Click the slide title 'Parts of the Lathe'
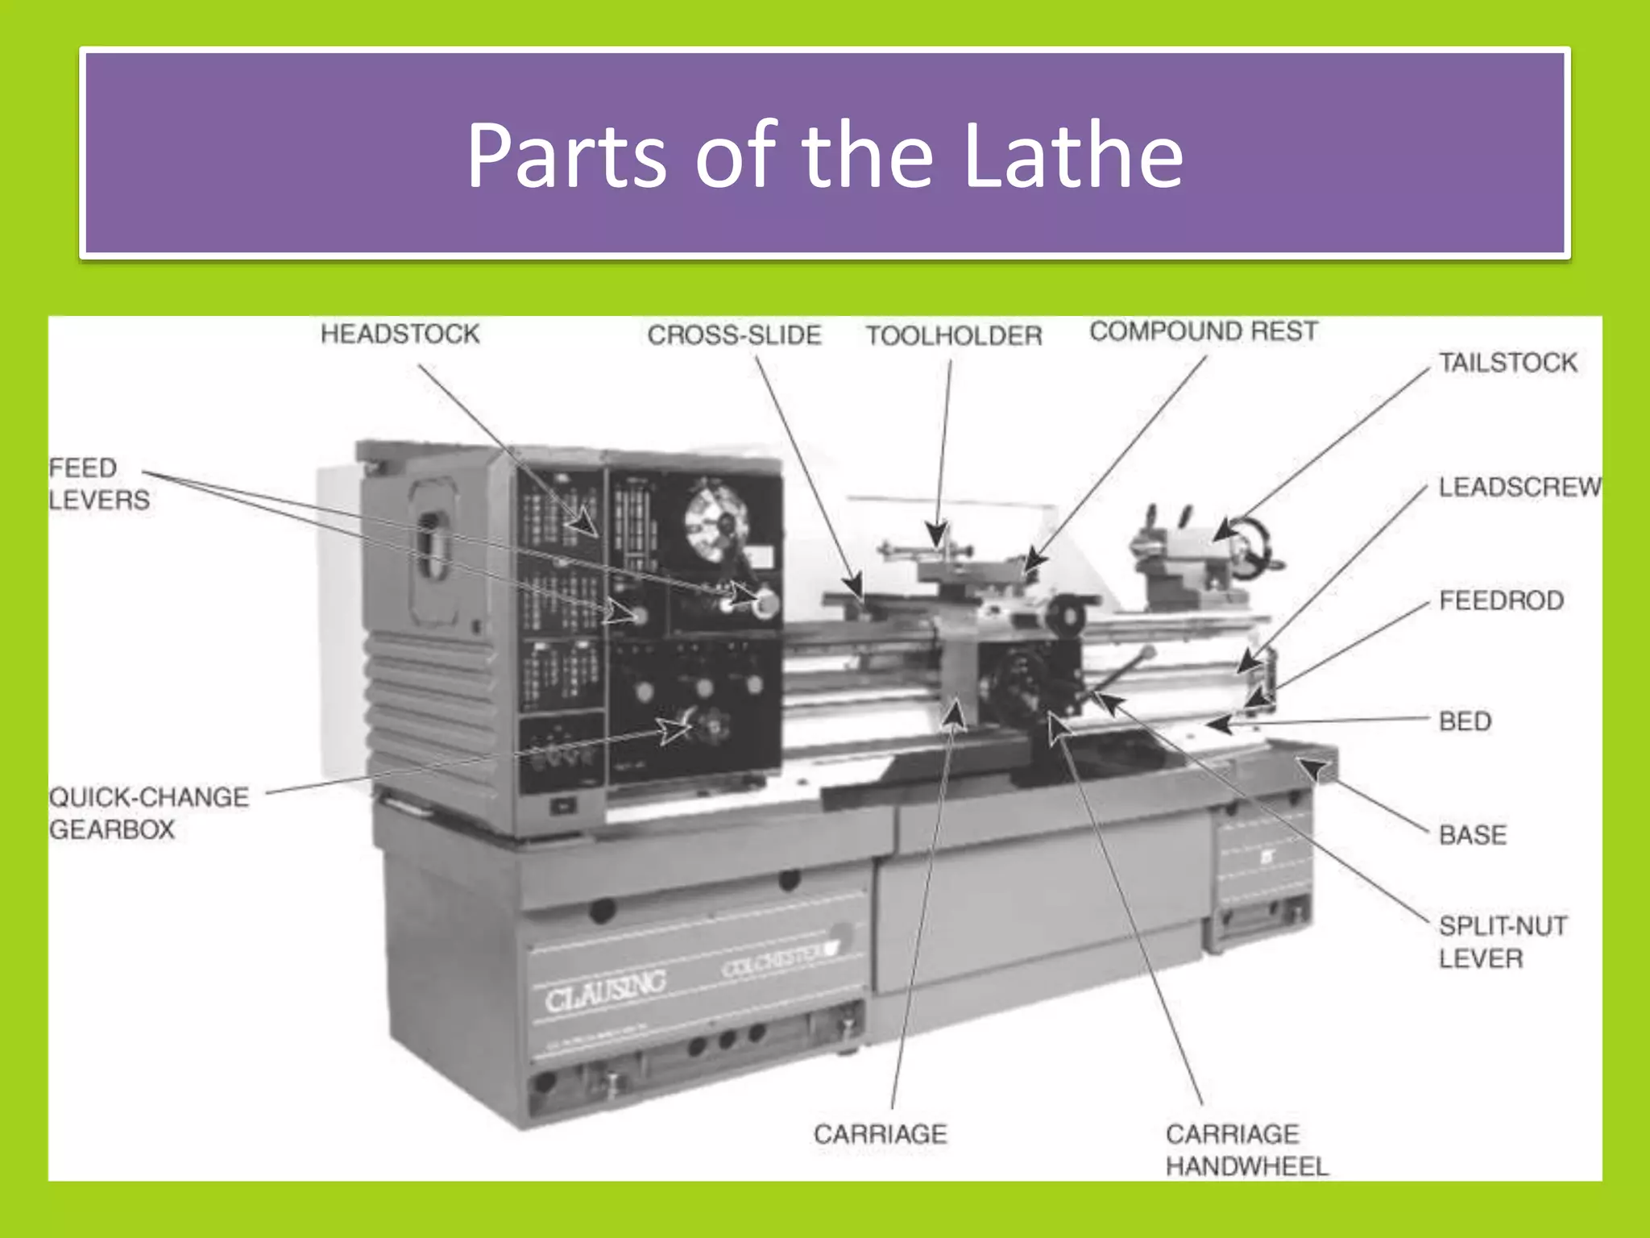824,155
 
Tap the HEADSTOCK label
400,334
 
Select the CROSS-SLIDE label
734,335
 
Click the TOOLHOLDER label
954,336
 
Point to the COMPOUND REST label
1204,331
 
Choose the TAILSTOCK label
1508,363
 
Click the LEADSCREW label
1519,487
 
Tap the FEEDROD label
1501,600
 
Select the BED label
1465,721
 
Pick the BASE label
1473,835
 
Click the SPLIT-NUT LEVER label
1503,942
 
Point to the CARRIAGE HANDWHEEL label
1246,1150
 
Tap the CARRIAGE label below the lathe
880,1134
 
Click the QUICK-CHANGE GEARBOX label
149,813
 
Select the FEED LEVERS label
98,484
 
